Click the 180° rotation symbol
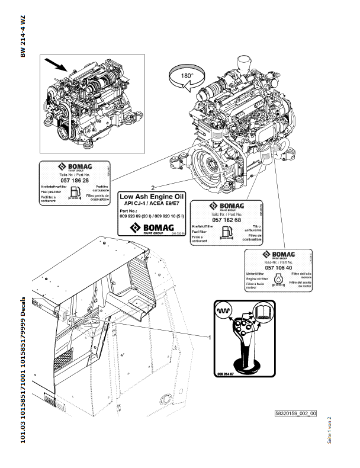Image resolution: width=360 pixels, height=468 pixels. click(187, 77)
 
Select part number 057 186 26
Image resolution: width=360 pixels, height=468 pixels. click(74, 179)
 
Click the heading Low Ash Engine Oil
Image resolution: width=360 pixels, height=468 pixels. click(153, 195)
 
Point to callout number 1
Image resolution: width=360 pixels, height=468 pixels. click(210, 336)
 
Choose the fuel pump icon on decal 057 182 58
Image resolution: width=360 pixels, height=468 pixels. click(209, 232)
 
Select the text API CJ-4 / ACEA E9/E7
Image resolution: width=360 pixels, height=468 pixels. click(152, 203)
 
